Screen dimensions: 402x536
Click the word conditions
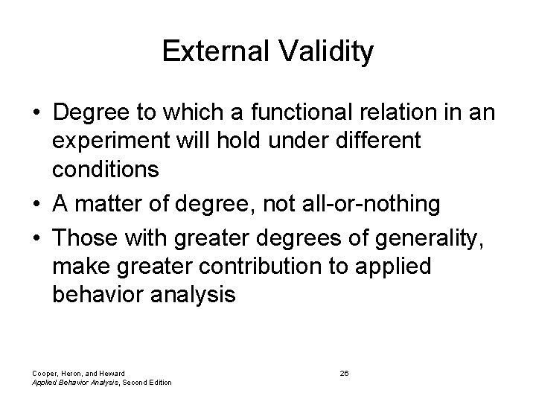(x=106, y=170)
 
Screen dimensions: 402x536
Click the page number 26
(x=345, y=372)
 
